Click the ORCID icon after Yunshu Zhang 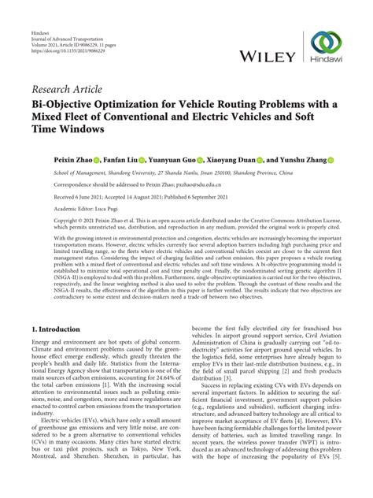[331, 160]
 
